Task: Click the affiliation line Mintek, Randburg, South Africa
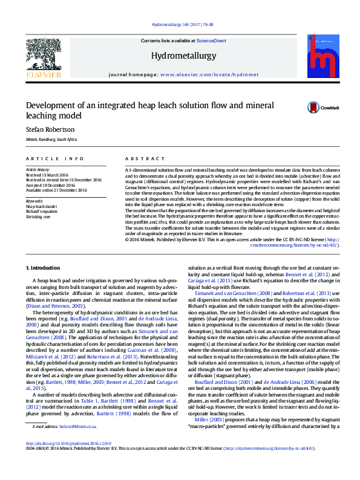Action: click(51, 139)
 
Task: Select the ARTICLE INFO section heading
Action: click(55, 158)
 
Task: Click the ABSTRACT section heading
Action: click(140, 158)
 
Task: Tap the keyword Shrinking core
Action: click(38, 215)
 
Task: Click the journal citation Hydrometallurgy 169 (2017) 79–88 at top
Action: click(180, 25)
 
